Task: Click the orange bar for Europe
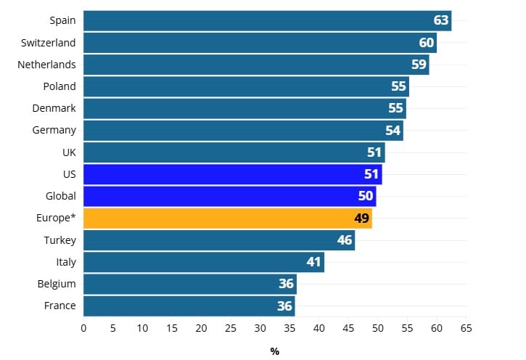tap(227, 218)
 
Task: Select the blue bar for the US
tap(232, 174)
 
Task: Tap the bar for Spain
tap(267, 20)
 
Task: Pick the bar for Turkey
tap(218, 240)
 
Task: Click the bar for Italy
tap(203, 262)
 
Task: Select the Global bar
tap(229, 196)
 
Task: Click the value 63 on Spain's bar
tap(441, 20)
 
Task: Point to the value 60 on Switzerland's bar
tap(427, 43)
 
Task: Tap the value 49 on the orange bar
tap(362, 218)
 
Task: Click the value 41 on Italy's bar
tap(313, 262)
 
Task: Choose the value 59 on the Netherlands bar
tap(419, 65)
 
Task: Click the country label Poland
tap(59, 86)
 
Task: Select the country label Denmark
tap(54, 108)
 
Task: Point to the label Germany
tap(54, 131)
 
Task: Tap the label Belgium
tap(57, 284)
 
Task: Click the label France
tap(59, 306)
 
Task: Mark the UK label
tap(69, 152)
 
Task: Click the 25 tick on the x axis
tap(231, 328)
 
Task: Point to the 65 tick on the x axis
tap(466, 328)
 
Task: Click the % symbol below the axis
tap(275, 351)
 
